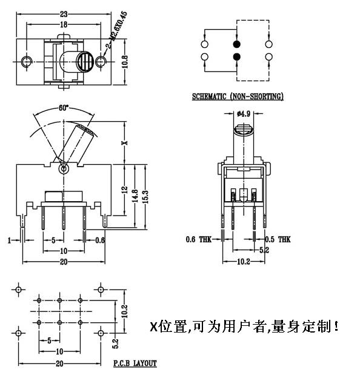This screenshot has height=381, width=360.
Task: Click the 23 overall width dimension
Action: [64, 13]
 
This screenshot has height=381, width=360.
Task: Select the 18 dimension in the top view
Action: [64, 24]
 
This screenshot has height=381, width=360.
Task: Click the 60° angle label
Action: [63, 108]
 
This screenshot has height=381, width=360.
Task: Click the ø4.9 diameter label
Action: [244, 113]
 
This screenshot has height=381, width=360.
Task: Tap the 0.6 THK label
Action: [199, 240]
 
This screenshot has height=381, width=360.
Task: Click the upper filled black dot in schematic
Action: [236, 45]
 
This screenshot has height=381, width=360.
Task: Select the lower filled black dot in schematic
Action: [236, 58]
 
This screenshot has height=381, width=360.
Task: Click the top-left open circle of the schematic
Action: [204, 45]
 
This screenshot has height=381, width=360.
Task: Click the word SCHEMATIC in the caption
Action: [209, 96]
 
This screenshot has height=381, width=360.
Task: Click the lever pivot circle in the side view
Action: [62, 169]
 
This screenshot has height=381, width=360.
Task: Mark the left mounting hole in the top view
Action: [26, 62]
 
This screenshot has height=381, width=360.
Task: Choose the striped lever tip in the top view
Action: [85, 61]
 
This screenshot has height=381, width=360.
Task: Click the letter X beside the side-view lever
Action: [124, 143]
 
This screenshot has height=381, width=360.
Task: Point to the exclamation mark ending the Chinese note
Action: [336, 327]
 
